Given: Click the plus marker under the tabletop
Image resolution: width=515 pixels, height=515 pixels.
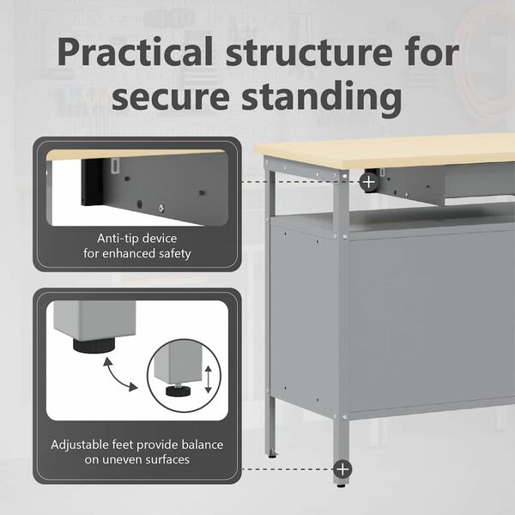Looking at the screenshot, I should [x=368, y=182].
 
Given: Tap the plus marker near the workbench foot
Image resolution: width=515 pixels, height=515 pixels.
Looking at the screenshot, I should [x=342, y=469].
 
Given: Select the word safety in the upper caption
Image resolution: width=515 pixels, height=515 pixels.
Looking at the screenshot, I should [x=172, y=253].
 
